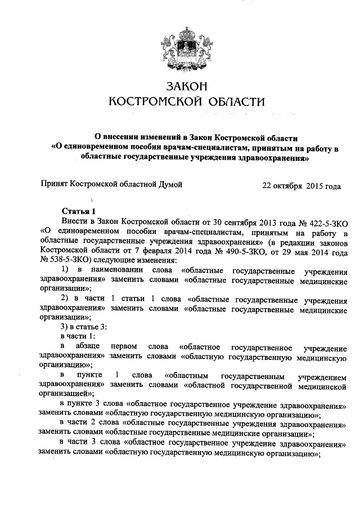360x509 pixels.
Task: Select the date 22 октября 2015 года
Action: [x=302, y=184]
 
